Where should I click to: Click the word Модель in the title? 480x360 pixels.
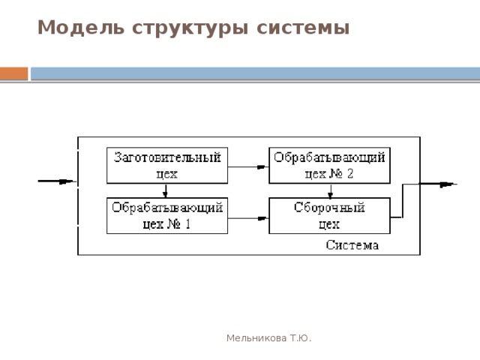(x=72, y=28)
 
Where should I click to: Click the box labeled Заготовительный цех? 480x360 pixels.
(x=167, y=165)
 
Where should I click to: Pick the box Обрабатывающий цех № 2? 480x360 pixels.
(x=329, y=165)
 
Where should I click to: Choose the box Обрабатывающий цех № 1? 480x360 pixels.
(x=167, y=215)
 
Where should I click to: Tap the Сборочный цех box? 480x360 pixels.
(x=329, y=215)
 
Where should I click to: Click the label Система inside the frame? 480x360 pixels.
(x=352, y=245)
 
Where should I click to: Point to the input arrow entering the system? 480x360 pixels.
(x=57, y=181)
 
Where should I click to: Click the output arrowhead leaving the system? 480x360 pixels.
(x=449, y=183)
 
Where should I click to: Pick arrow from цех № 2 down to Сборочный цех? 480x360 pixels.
(x=330, y=190)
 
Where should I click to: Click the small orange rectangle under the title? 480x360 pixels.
(x=13, y=73)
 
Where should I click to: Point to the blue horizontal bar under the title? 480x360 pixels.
(x=255, y=73)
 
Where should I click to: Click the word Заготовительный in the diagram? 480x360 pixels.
(x=167, y=157)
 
